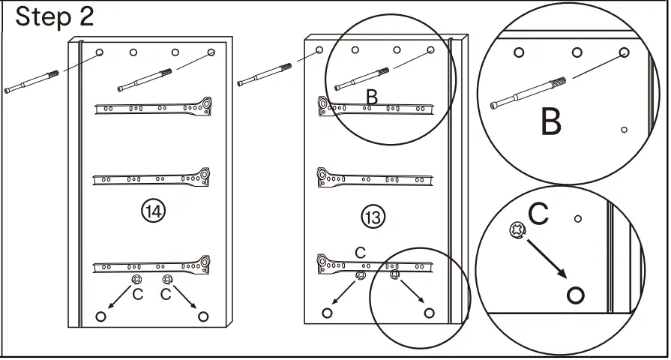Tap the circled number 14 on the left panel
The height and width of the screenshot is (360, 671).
tap(153, 211)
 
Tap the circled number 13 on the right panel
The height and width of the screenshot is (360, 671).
tap(373, 217)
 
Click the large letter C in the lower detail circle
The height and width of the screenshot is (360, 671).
tap(539, 214)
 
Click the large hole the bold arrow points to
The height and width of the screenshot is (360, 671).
tap(575, 295)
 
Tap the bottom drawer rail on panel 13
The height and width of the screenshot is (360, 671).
tap(374, 263)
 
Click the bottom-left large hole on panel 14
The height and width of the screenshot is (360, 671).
tap(101, 316)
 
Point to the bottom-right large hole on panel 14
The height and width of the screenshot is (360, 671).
tap(202, 316)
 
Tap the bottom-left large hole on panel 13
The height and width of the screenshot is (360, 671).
tap(327, 313)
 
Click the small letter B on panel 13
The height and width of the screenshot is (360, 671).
tap(371, 96)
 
